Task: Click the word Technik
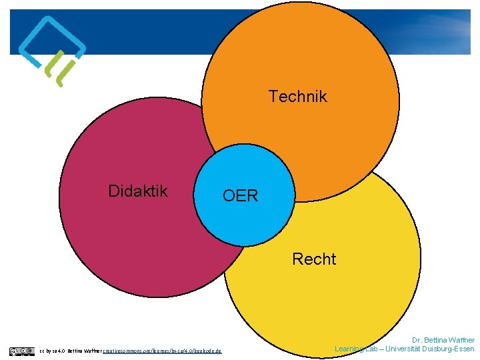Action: point(298,97)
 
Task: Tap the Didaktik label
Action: point(138,191)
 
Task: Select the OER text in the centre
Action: point(240,196)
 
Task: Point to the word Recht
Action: point(314,259)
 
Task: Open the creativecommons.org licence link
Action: point(163,351)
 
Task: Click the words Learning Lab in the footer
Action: point(357,349)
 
